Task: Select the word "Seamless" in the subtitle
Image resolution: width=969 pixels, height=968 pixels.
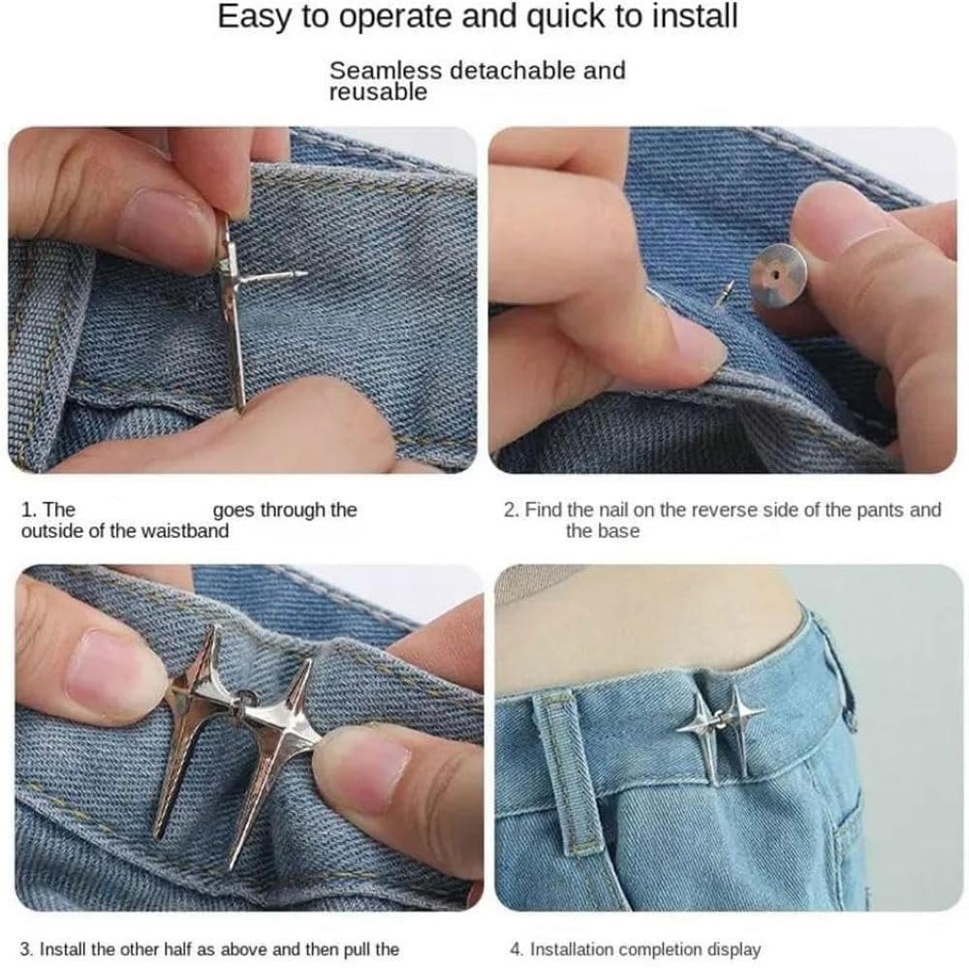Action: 386,71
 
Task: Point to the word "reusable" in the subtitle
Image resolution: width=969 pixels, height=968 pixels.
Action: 378,92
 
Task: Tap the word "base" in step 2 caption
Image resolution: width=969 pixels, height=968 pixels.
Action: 619,531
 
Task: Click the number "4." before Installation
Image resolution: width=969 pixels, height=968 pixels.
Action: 517,950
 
